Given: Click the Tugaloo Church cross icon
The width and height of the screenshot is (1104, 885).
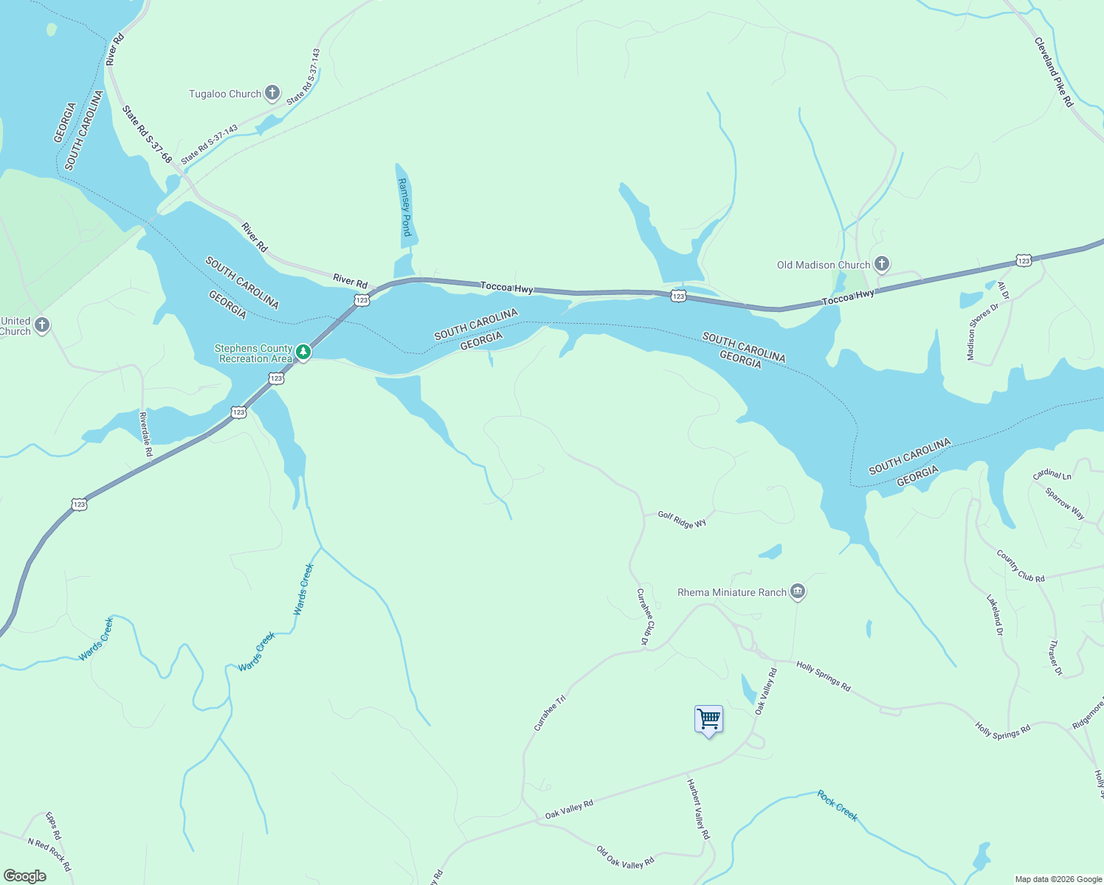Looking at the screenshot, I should [x=272, y=93].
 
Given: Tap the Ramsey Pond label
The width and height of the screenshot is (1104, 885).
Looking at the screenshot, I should [x=404, y=206].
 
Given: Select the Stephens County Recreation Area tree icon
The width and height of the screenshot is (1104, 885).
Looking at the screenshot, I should [x=303, y=353].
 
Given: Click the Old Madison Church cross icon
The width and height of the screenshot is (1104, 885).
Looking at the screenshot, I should [x=881, y=264].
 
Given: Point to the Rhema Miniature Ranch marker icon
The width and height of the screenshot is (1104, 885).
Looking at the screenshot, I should [x=797, y=591].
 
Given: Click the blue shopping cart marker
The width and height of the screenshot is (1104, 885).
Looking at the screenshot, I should [x=708, y=719].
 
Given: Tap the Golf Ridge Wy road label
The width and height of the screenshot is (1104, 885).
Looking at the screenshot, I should [x=682, y=520].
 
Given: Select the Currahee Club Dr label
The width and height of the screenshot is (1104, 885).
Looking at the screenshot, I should [x=643, y=617].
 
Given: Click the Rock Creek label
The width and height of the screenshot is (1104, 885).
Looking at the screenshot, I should [x=838, y=805].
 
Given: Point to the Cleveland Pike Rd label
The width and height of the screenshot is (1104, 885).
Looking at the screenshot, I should [x=1054, y=72].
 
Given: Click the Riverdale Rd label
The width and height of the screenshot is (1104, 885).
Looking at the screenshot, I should [x=145, y=434].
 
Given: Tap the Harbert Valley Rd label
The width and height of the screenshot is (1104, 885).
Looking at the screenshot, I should [x=698, y=809].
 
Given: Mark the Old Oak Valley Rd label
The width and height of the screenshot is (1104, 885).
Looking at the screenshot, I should [x=625, y=857].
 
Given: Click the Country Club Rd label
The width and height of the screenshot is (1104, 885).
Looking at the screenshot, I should [x=1021, y=566].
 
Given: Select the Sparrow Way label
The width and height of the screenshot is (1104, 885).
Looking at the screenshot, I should [x=1065, y=503].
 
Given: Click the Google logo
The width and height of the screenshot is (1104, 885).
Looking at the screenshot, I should [x=25, y=876].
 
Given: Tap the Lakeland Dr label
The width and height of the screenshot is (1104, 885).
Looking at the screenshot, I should [x=995, y=615].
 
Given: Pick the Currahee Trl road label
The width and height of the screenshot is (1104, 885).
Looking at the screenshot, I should [x=549, y=712].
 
